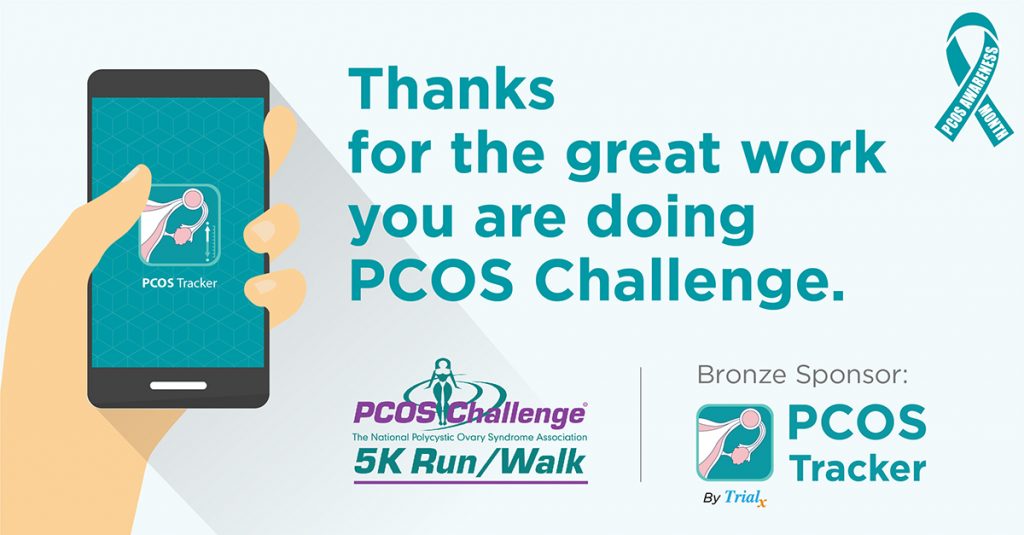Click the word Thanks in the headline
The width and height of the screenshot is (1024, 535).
[x=451, y=89]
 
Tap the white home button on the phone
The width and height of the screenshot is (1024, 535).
[x=178, y=385]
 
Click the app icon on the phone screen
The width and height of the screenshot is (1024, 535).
[x=180, y=225]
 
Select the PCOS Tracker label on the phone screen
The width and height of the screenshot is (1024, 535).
[x=180, y=284]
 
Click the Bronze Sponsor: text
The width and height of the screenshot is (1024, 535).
[x=803, y=375]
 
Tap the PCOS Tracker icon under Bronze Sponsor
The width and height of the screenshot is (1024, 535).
[x=735, y=442]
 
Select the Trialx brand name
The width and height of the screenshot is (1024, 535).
[x=745, y=498]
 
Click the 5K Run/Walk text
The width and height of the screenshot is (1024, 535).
[x=470, y=462]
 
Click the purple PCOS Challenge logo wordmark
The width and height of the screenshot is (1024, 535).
[x=470, y=413]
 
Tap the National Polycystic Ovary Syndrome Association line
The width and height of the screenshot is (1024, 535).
[x=470, y=437]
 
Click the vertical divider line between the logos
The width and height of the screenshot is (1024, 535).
[x=641, y=425]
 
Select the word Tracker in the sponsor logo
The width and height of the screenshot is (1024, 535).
[x=857, y=468]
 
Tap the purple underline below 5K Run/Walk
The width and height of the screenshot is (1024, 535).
[x=471, y=483]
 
